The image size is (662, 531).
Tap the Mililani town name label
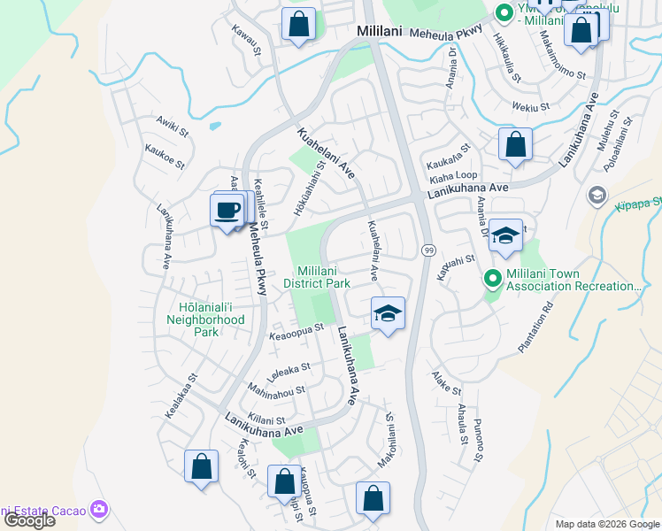(380, 31)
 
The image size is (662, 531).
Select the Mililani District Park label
(316, 277)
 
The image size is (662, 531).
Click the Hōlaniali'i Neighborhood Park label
(206, 319)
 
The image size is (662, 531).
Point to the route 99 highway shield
(427, 250)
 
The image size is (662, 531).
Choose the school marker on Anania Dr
(505, 235)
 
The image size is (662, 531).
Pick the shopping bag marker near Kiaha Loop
(515, 144)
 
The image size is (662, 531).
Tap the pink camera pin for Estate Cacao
(100, 509)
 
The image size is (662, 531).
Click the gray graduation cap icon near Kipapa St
(597, 195)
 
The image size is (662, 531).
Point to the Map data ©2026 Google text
(606, 524)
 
